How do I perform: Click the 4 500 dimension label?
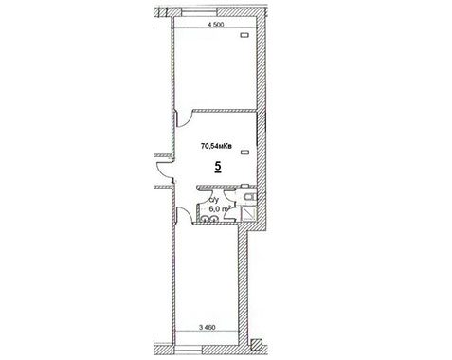pos(216,25)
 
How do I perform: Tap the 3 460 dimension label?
pos(208,327)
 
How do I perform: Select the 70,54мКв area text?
pos(217,146)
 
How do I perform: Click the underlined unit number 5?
pos(218,166)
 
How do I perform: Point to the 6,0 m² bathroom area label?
pos(220,208)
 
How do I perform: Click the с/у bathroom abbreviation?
pos(214,200)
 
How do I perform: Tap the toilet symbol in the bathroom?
pos(250,197)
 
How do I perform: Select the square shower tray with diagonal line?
pos(248,212)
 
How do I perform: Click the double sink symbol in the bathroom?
pos(208,218)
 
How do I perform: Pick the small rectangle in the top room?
pos(244,35)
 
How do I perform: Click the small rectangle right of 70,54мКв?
pos(244,153)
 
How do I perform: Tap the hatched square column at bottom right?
pos(256,345)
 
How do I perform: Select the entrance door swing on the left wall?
pos(164,170)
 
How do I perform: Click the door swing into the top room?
pos(185,118)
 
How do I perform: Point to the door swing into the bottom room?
pos(184,215)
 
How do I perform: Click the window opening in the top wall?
pos(199,13)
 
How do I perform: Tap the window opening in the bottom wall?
pos(189,349)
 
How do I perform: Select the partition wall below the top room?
pos(224,110)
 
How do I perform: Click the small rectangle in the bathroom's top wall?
pos(245,186)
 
